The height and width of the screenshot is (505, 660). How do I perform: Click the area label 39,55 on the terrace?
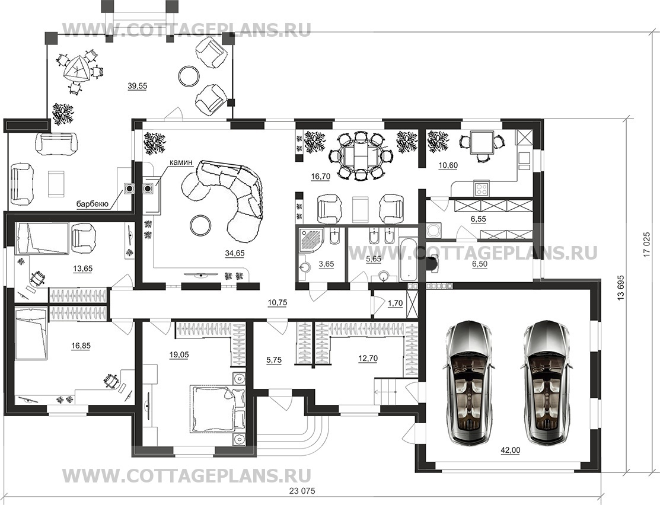pos(137,86)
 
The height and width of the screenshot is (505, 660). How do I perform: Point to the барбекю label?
pos(93,204)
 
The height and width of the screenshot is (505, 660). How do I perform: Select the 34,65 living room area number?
pos(235,253)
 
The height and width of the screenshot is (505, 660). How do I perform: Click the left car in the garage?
pos(468,383)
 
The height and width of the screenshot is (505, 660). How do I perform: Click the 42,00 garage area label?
pos(510,450)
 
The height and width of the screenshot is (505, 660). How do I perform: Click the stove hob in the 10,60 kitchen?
pos(482,188)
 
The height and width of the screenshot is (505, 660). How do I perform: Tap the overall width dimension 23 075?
pos(302,491)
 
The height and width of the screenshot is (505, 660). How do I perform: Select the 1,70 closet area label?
pos(396,303)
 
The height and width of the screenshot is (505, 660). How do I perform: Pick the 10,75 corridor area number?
pos(277,302)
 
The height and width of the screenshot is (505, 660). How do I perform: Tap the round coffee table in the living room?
pos(200,225)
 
